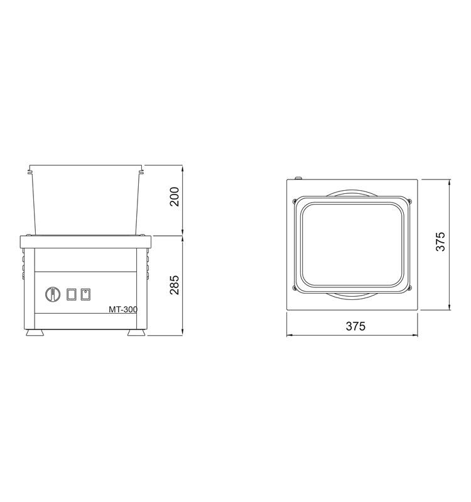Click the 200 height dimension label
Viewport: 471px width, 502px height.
pos(175,196)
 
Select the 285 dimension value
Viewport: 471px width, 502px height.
pos(175,285)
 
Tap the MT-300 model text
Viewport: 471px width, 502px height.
pos(123,309)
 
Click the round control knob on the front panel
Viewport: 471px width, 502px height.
pos(53,294)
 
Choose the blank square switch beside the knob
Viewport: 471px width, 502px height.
pos(72,294)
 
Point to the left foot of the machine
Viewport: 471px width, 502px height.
pos(35,333)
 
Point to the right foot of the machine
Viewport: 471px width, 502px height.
pos(136,333)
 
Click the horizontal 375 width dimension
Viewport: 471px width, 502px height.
pos(355,326)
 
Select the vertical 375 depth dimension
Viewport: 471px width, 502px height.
pos(441,242)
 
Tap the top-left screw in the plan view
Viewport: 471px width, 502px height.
pos(295,201)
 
